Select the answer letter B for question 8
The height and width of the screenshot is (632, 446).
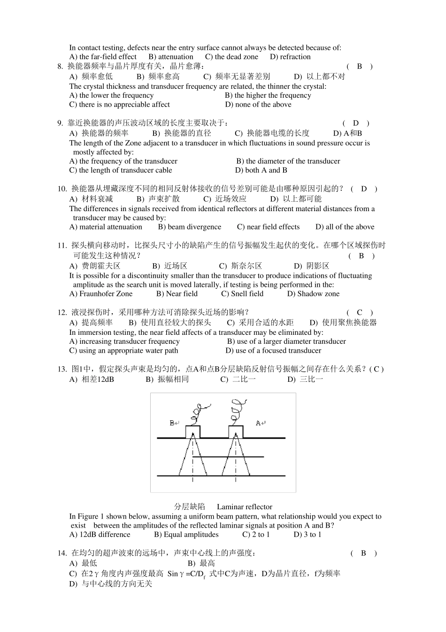(x=359, y=66)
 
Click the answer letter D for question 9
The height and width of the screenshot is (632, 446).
(x=355, y=123)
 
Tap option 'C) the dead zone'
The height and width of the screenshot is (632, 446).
(x=231, y=57)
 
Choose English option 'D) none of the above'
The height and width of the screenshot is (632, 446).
(x=258, y=104)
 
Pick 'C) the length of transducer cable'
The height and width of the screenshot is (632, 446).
(x=121, y=170)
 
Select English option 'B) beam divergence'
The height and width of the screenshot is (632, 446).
(x=189, y=227)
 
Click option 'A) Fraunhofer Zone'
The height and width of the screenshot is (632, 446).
(x=101, y=294)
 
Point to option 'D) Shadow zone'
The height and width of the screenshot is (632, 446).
(x=313, y=294)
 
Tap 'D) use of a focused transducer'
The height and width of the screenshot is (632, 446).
(x=273, y=350)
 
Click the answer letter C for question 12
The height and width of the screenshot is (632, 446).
(x=359, y=313)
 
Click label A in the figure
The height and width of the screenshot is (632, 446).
(x=259, y=423)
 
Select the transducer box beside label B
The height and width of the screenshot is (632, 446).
(x=192, y=432)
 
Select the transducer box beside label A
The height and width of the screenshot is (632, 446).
(x=236, y=432)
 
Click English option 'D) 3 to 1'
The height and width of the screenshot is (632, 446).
(x=308, y=535)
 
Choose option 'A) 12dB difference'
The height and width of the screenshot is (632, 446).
(x=100, y=535)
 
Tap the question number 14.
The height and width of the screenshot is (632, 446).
(x=62, y=553)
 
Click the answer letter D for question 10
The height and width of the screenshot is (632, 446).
(x=363, y=189)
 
